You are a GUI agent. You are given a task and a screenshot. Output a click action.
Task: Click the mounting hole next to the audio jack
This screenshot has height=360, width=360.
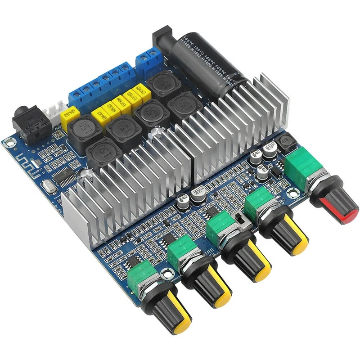(x=8, y=144)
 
